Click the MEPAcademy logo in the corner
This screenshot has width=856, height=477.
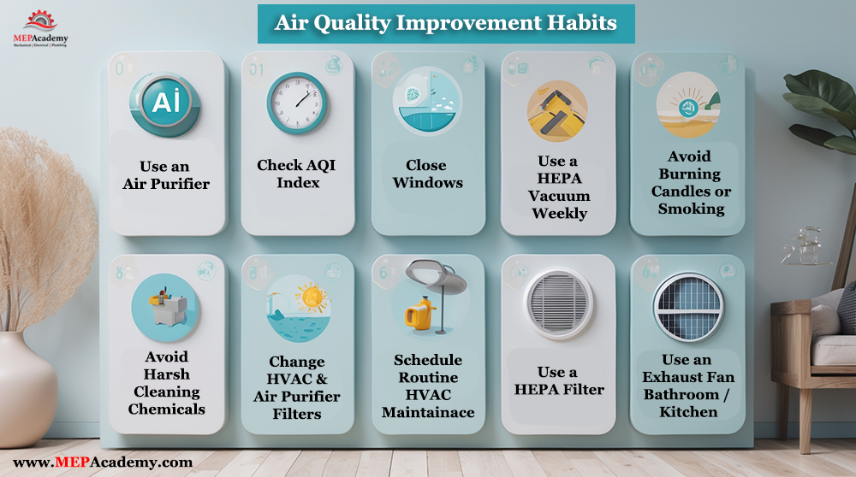[41, 29]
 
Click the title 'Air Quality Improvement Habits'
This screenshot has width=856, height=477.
[445, 23]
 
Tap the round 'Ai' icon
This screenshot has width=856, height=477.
[165, 103]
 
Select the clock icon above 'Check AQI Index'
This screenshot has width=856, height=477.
[297, 103]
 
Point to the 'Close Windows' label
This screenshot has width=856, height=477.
[427, 174]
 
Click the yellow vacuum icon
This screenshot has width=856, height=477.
[557, 111]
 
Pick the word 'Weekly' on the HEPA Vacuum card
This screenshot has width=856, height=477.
[560, 213]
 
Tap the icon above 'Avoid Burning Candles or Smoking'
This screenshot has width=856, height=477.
[689, 104]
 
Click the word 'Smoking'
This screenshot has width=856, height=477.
[691, 209]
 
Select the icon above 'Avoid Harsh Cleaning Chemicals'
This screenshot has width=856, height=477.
[166, 307]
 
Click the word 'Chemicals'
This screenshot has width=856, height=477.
[167, 409]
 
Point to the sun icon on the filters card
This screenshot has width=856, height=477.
[312, 297]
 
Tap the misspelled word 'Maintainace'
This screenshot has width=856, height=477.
[428, 412]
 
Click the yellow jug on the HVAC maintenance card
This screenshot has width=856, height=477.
[419, 314]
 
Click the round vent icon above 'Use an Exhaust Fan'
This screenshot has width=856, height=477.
[688, 307]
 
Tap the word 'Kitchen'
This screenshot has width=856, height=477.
[688, 411]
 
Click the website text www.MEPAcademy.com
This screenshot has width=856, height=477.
[103, 462]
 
